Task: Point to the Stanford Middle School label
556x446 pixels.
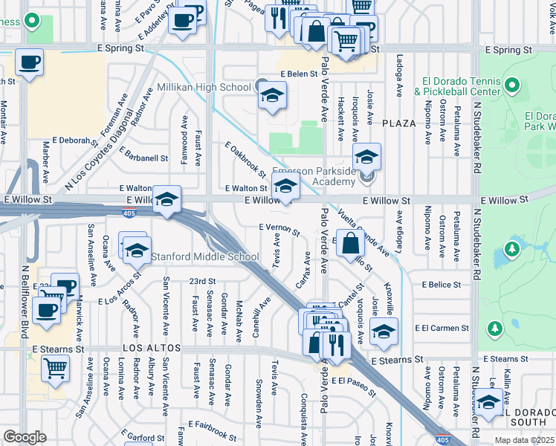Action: (204, 257)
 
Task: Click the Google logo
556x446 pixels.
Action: (25, 436)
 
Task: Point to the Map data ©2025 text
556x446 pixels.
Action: (523, 440)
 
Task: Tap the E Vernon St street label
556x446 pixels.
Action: (279, 229)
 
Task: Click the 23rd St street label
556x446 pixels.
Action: (201, 282)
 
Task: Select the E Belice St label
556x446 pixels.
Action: (442, 285)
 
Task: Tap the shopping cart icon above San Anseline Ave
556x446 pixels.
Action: (56, 367)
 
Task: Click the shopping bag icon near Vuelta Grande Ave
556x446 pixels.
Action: (349, 242)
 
